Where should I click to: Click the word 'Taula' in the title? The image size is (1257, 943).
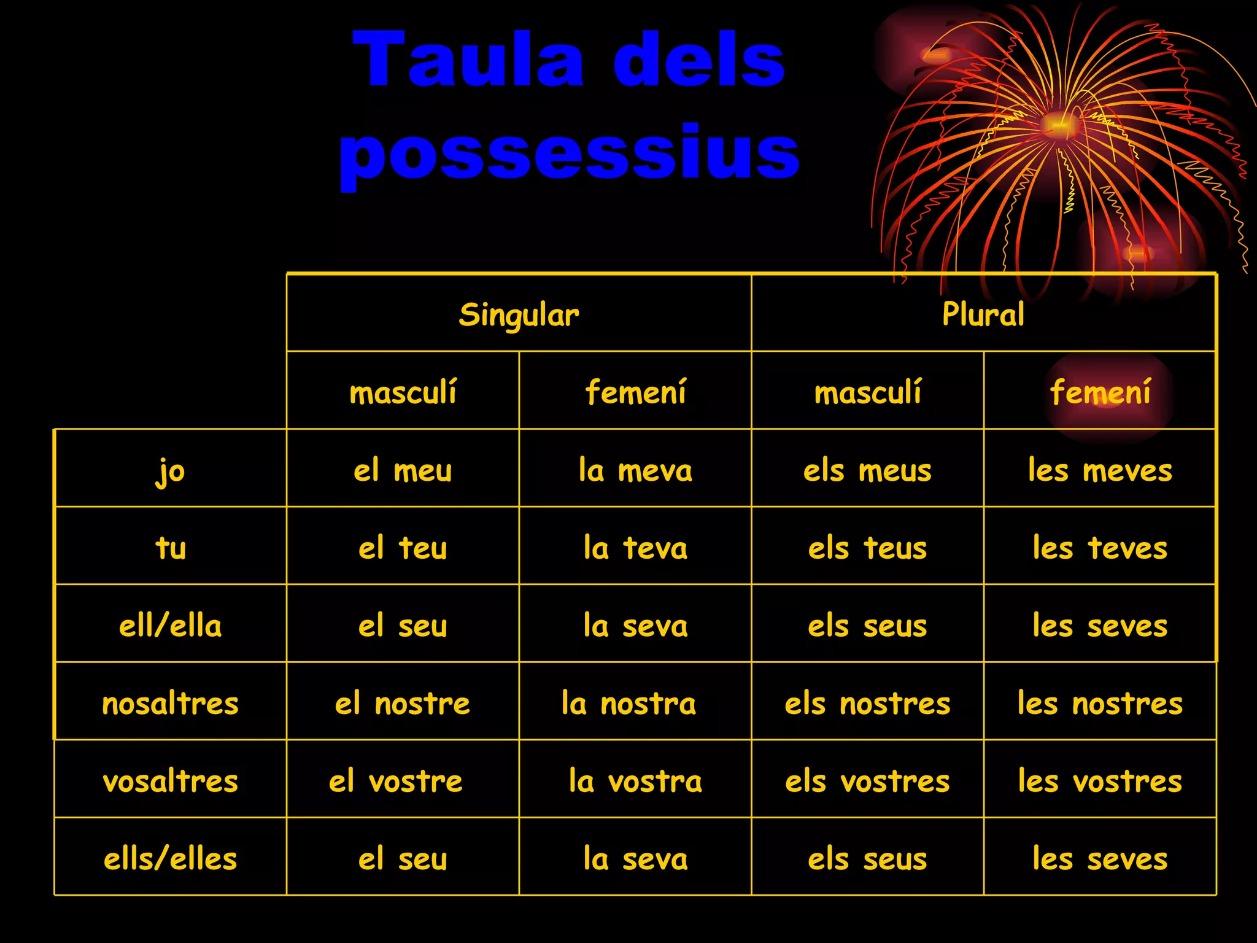[x=469, y=59]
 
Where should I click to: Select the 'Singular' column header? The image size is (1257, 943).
[x=519, y=314]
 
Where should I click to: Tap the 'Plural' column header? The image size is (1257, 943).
[x=983, y=314]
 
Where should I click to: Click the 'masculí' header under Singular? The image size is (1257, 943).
[x=403, y=392]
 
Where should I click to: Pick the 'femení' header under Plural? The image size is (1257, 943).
[x=1100, y=392]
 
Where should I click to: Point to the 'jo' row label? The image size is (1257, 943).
[x=170, y=471]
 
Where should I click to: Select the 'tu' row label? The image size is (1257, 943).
[x=170, y=548]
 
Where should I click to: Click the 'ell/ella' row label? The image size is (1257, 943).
[x=170, y=626]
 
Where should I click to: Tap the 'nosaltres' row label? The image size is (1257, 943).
[x=170, y=704]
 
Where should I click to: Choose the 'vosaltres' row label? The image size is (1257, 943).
[x=170, y=782]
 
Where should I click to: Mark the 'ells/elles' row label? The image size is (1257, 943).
[x=170, y=859]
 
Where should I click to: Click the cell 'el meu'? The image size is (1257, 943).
[x=403, y=471]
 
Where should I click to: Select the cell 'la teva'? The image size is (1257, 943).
[x=635, y=548]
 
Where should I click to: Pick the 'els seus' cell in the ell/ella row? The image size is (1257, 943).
[x=867, y=626]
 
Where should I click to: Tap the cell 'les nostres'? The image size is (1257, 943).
[x=1100, y=704]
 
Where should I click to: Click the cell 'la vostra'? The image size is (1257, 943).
[x=635, y=782]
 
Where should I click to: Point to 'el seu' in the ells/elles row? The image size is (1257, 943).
[x=403, y=859]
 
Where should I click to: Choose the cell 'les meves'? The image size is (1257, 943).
[x=1100, y=471]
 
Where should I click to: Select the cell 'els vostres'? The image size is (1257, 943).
[x=867, y=782]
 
